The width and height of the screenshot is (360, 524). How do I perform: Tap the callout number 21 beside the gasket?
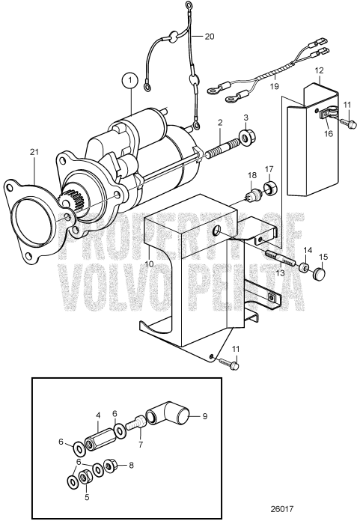tap(34, 153)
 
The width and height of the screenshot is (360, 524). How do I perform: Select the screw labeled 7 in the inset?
tap(137, 424)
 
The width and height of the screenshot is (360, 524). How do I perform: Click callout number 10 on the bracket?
tap(150, 264)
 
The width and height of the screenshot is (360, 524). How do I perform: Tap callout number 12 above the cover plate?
tap(319, 71)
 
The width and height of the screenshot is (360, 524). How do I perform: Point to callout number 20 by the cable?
tap(209, 36)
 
